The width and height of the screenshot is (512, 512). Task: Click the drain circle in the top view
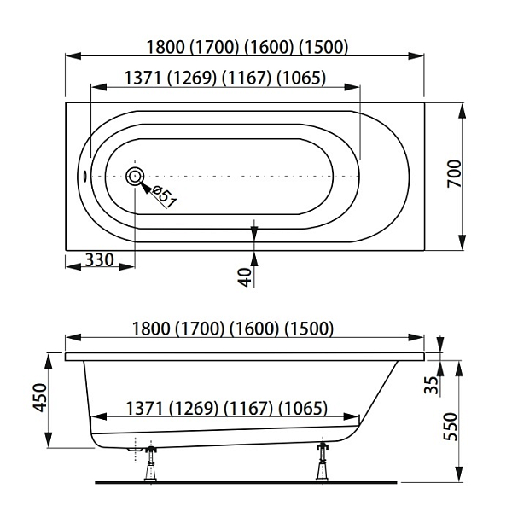tap(135, 176)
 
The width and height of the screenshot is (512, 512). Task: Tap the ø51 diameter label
tap(164, 196)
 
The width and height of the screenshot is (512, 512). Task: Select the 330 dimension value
tap(100, 260)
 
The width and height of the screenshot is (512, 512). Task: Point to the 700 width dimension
tap(454, 173)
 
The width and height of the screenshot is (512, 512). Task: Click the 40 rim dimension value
tap(245, 277)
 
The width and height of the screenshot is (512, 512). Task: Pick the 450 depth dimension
tap(40, 398)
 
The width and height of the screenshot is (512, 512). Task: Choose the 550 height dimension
tap(451, 427)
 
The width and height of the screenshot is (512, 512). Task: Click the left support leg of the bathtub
tap(150, 463)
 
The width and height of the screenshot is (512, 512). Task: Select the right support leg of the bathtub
tap(323, 461)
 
